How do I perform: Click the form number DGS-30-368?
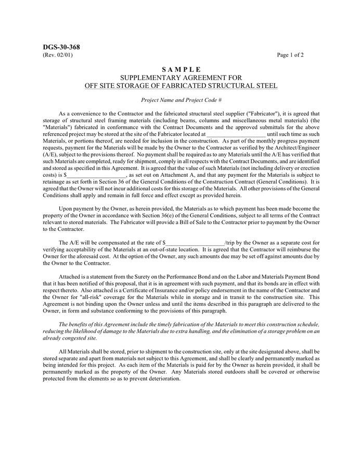point(61,47)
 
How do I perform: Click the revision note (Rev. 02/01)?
point(58,55)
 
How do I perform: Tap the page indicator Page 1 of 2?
point(290,55)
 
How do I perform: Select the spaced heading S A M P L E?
point(181,70)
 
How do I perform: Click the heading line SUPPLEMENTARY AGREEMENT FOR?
point(181,77)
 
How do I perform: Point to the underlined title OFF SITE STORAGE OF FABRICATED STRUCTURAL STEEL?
point(181,85)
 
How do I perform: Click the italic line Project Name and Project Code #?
point(181,99)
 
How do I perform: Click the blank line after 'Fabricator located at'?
point(236,134)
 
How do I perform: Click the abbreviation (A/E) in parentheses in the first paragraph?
point(50,154)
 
